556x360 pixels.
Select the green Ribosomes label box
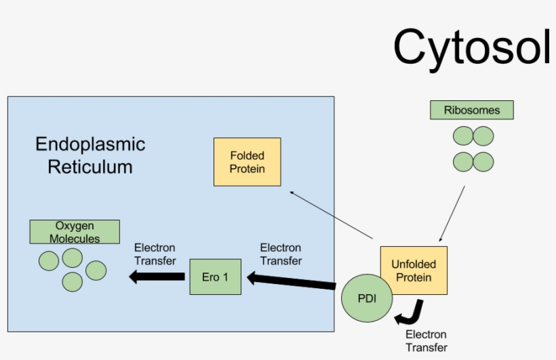click(471, 110)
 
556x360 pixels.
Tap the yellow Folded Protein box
click(247, 162)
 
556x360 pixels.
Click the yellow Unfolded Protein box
click(414, 270)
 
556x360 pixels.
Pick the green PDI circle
click(366, 298)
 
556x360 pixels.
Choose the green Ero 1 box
click(215, 277)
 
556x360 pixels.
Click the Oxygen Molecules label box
click(75, 232)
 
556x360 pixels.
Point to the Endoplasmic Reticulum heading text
click(90, 155)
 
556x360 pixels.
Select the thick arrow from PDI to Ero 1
click(292, 281)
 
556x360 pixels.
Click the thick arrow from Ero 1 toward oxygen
click(157, 276)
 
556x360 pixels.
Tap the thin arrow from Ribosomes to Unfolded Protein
click(452, 214)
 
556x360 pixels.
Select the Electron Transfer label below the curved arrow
click(426, 341)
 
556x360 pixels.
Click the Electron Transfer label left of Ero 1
click(155, 254)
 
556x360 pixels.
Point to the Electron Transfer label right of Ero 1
click(281, 254)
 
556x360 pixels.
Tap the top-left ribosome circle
click(463, 136)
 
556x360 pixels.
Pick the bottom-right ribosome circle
click(483, 162)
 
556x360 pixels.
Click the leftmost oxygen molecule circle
click(49, 261)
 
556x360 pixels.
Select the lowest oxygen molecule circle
click(73, 281)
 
